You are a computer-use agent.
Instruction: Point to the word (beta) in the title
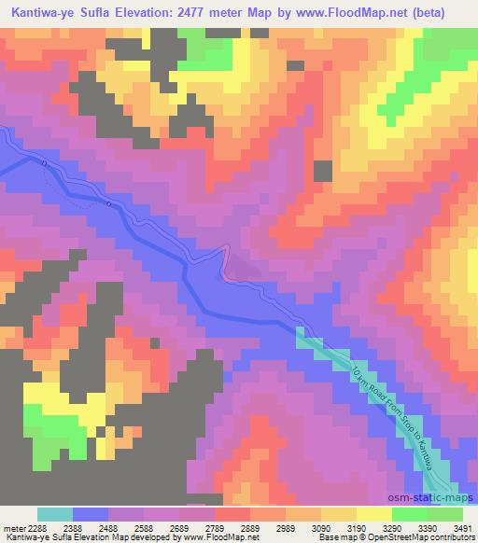(448, 13)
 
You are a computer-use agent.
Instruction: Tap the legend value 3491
(460, 527)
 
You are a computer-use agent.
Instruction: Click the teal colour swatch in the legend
(55, 514)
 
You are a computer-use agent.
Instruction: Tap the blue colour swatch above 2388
(91, 514)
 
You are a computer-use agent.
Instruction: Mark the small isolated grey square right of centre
(322, 171)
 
